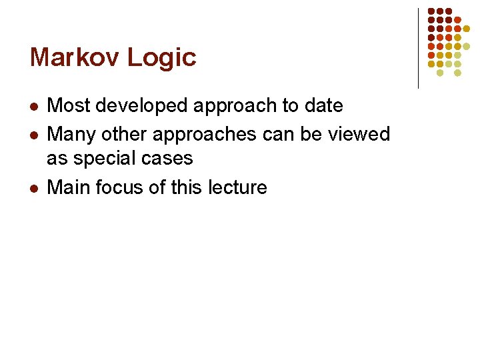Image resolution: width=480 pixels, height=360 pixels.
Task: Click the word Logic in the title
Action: (x=162, y=59)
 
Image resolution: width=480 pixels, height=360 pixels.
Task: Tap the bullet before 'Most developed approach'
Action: (x=34, y=107)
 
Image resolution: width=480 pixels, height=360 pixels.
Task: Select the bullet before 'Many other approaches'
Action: (x=34, y=135)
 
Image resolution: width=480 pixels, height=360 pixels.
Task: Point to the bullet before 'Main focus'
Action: (x=34, y=189)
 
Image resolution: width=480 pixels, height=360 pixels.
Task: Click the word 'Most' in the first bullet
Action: (x=69, y=105)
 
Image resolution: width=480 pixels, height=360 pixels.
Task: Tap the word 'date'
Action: (x=325, y=105)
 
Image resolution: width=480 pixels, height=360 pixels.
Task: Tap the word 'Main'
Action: (x=69, y=187)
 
